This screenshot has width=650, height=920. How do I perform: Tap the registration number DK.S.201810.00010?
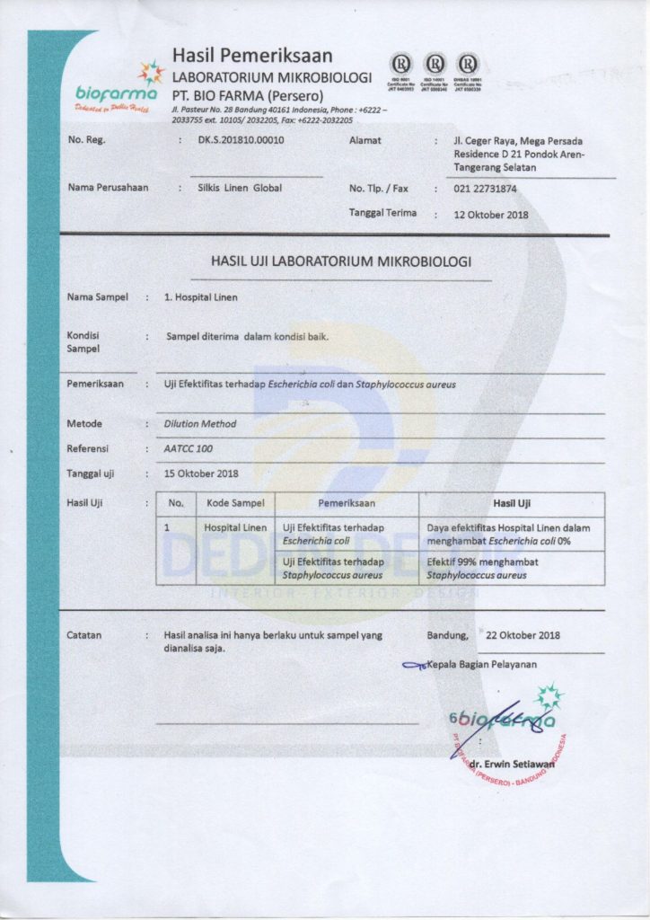241,140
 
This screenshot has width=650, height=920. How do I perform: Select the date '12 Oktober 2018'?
491,215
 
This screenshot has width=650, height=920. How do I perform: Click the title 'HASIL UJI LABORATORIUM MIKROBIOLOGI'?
340,261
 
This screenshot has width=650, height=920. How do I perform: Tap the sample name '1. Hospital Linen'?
201,296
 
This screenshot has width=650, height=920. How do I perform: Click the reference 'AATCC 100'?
189,447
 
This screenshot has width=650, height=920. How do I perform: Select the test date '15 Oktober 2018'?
201,473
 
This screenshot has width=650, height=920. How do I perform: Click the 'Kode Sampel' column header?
235,503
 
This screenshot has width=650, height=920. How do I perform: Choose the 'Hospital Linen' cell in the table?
235,527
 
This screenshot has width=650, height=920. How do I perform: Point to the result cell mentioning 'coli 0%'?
511,535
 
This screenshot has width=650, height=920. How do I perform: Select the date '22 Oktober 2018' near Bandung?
523,635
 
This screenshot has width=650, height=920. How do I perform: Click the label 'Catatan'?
84,635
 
